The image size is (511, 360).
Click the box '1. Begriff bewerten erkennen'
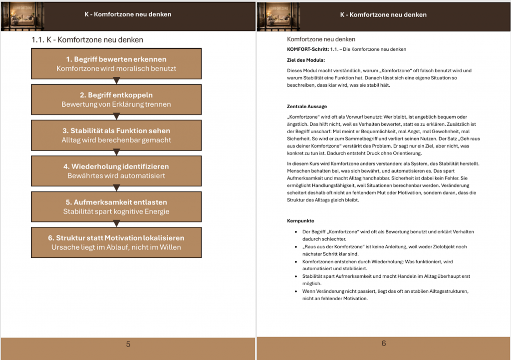(x=116, y=63)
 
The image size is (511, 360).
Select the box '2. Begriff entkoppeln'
(x=116, y=99)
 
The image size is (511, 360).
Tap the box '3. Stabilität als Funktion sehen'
(x=116, y=135)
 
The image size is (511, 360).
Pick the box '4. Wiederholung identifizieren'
(x=116, y=171)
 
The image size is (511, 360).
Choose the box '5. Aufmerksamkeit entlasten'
(x=116, y=206)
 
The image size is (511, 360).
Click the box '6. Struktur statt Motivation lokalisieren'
(x=116, y=242)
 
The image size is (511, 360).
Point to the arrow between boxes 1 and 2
(x=116, y=81)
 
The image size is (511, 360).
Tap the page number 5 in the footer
(x=128, y=344)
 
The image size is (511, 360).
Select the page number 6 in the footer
(x=384, y=343)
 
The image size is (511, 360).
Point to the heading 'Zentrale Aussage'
(x=307, y=106)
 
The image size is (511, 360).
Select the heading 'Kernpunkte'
(x=300, y=220)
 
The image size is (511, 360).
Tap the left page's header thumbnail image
(x=23, y=15)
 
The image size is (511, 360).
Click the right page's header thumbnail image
(x=278, y=15)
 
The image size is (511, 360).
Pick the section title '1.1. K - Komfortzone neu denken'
(x=87, y=40)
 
